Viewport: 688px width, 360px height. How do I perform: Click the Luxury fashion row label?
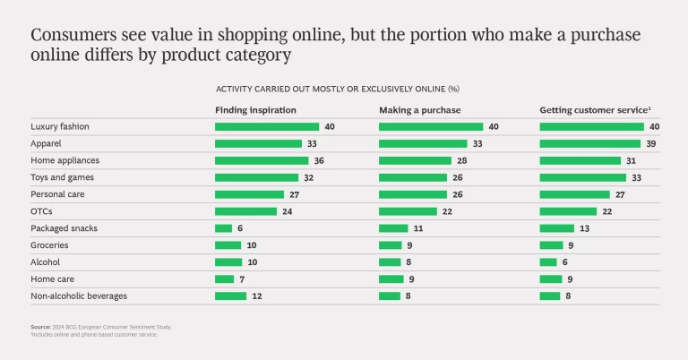point(59,127)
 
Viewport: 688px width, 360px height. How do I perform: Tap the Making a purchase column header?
point(419,109)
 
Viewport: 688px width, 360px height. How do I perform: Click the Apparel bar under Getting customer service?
point(589,143)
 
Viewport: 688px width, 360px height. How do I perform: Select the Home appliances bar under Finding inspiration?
point(262,160)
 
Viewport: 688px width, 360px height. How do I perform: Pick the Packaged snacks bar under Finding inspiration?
point(223,228)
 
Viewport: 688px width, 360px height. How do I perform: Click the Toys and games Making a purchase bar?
point(413,177)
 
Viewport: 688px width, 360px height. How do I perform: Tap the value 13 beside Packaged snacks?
point(584,228)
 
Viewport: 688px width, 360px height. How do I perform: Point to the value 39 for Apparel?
point(653,143)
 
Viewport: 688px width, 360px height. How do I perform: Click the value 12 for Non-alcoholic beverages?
point(256,296)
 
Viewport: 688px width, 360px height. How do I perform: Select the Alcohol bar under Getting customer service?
point(548,262)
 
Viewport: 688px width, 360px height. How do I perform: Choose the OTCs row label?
point(41,211)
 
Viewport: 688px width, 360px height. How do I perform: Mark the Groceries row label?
point(49,245)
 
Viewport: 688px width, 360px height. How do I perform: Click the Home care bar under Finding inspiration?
point(224,279)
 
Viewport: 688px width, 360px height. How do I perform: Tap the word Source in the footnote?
point(41,328)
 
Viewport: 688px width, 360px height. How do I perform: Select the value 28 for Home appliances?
point(462,160)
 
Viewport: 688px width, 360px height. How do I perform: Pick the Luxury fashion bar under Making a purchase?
point(431,127)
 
